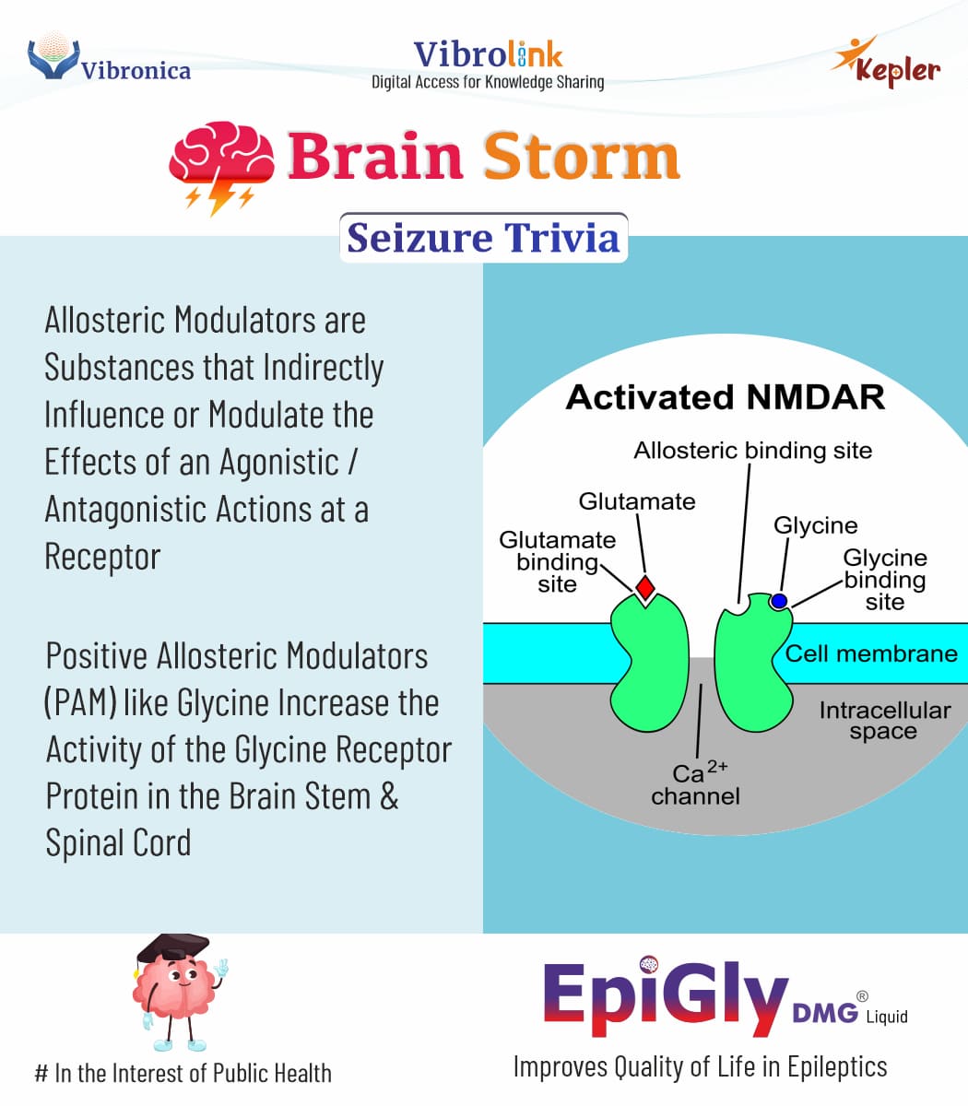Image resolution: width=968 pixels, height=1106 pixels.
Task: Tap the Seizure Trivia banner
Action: [x=483, y=238]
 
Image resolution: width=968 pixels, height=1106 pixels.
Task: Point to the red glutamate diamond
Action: [x=645, y=586]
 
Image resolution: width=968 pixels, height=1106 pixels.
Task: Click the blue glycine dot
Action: [x=779, y=601]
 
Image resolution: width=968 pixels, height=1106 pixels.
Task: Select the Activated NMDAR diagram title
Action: [x=725, y=397]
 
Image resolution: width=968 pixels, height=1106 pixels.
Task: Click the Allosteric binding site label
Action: [x=752, y=450]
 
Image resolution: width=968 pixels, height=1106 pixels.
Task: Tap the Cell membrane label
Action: [x=871, y=653]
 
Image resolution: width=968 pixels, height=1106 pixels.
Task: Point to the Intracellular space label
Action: [x=883, y=720]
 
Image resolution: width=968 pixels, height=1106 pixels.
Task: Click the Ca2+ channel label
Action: [x=696, y=784]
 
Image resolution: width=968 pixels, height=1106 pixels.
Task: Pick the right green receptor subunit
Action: [x=751, y=659]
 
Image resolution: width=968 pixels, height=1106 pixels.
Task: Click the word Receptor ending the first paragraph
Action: [x=102, y=557]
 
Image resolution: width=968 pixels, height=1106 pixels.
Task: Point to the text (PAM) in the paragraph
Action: [x=80, y=703]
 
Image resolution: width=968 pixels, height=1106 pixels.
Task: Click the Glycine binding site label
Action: [x=885, y=580]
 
